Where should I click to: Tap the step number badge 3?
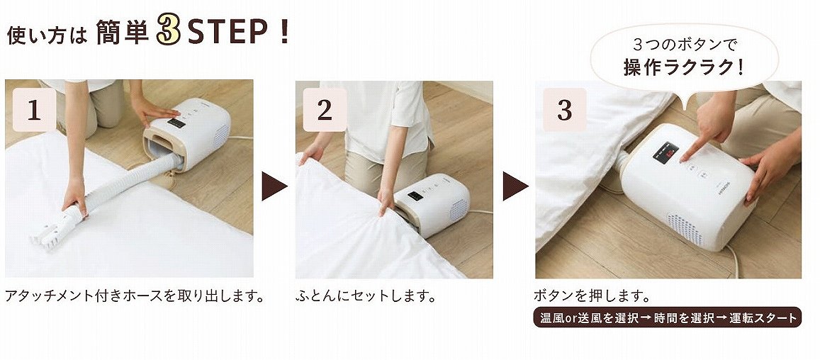[x=564, y=111]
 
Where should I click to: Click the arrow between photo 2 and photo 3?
[x=515, y=186]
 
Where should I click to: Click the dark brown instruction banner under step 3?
[x=666, y=317]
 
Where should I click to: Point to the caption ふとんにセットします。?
[x=366, y=295]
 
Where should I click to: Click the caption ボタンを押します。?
[x=592, y=295]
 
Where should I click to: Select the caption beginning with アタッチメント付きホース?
[x=135, y=295]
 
